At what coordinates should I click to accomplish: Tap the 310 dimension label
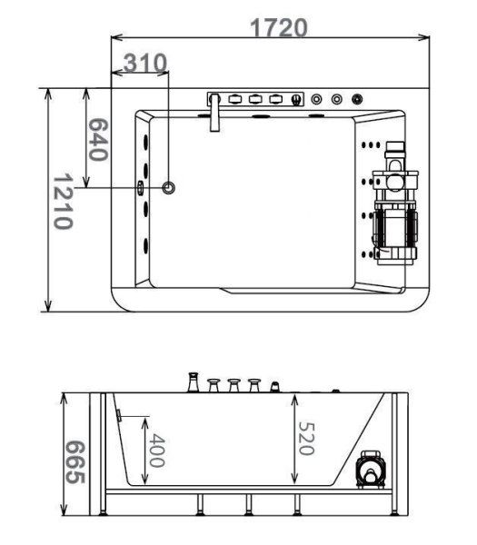coord(145,63)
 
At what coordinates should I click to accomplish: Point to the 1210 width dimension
coord(63,201)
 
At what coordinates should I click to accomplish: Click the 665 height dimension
coord(77,462)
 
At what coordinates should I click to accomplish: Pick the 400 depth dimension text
coord(155,451)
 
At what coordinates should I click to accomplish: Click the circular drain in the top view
coord(169,188)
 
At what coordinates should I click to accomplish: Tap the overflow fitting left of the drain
coord(141,188)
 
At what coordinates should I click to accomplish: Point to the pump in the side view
coord(371,471)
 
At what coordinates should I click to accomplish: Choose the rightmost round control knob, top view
coord(358,98)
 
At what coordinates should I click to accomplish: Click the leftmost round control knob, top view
coord(316,98)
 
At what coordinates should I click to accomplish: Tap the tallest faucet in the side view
coord(193,381)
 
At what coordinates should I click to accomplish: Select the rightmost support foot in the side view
coord(392,510)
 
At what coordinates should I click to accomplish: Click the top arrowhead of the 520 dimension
coord(294,398)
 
